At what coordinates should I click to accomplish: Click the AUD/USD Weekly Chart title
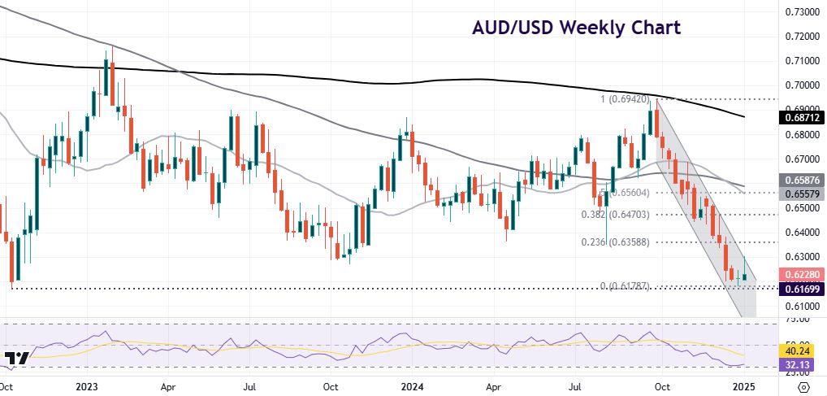point(576,28)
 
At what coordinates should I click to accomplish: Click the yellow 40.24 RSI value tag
point(799,352)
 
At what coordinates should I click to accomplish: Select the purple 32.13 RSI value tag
point(799,366)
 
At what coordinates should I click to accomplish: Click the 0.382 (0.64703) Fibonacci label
point(617,215)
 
